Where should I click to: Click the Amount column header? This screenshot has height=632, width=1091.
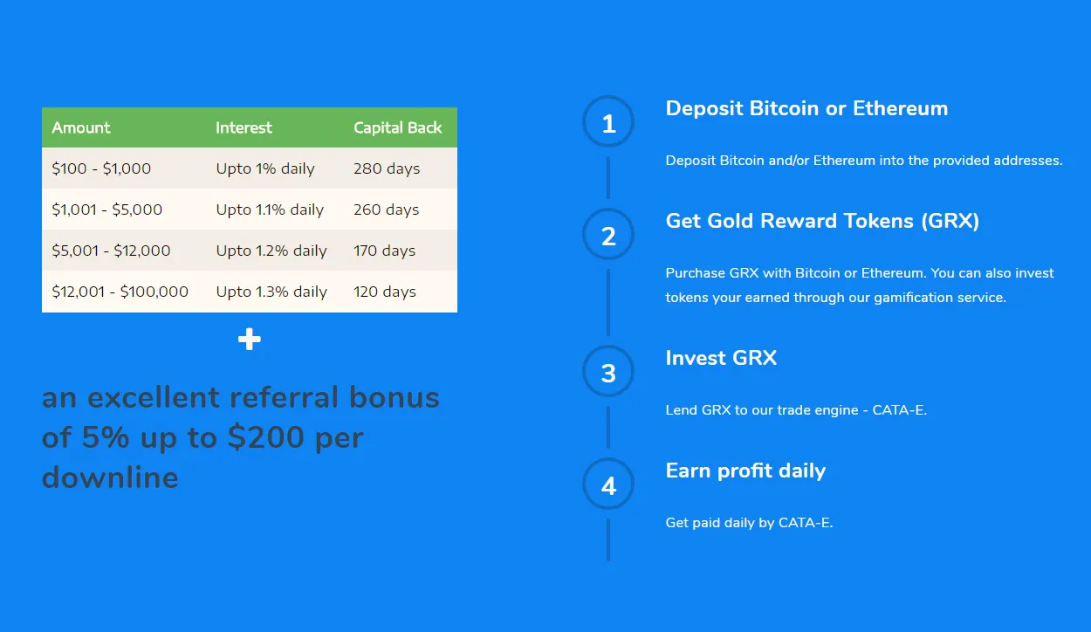(81, 127)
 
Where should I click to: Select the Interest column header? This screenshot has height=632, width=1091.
(244, 127)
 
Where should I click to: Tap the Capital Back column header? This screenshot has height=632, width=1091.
(397, 127)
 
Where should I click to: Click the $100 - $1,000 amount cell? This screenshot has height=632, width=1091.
(101, 168)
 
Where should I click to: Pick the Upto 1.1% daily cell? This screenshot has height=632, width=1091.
(270, 210)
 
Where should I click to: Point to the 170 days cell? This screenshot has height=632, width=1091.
(384, 251)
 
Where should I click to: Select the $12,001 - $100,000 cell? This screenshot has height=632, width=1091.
(120, 292)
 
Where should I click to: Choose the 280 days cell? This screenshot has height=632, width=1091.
(387, 168)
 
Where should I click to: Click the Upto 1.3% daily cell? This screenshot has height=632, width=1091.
(271, 292)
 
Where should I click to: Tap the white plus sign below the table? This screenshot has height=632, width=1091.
(250, 340)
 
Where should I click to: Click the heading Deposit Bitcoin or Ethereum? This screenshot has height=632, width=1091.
(806, 108)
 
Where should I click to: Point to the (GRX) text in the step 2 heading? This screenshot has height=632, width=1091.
(950, 221)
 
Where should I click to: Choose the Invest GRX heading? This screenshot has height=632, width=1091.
(721, 358)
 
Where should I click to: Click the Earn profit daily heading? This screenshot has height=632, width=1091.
(745, 471)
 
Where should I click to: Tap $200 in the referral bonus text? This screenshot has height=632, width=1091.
(266, 437)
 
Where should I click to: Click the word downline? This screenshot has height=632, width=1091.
(110, 477)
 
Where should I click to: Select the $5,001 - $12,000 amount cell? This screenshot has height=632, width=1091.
(111, 251)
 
